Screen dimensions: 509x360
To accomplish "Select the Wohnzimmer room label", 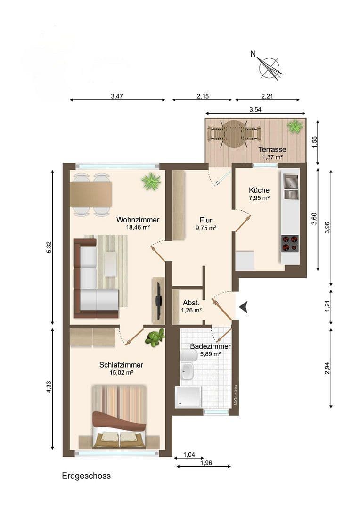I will tap(138, 220).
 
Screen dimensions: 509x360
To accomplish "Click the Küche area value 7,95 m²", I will tap(259, 198).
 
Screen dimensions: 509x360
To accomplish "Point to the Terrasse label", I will tap(272, 149).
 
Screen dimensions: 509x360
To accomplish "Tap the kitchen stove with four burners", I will tap(290, 243).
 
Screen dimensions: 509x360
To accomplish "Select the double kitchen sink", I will tap(290, 186).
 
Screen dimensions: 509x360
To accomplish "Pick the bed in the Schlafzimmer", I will tap(119, 416).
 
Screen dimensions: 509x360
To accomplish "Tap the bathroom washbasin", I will tap(187, 371).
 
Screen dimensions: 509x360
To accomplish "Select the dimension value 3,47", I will tap(117, 96).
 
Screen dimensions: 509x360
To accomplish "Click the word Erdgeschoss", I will tap(86, 476).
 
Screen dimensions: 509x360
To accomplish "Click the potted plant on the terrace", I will tap(295, 126).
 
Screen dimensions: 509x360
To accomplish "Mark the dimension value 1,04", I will tap(188, 454).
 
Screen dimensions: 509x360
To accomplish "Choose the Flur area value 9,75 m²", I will tap(206, 228).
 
